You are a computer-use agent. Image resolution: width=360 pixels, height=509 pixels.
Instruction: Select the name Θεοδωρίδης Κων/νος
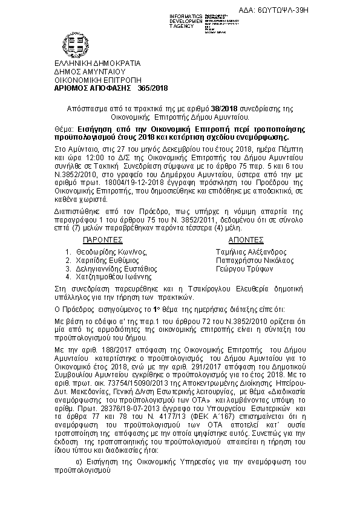click(110, 252)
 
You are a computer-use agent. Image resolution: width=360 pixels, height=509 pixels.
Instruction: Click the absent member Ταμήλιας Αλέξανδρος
click(250, 252)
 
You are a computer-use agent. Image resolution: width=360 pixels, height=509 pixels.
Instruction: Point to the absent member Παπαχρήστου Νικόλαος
click(254, 261)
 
